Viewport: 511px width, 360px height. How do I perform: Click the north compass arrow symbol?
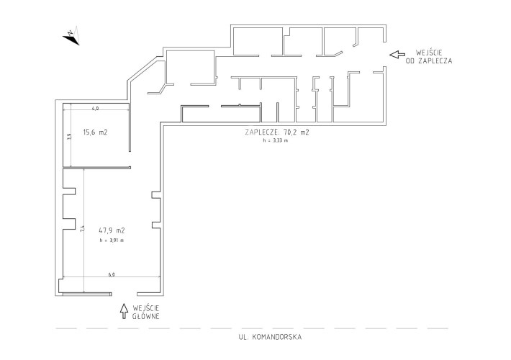[x=72, y=36]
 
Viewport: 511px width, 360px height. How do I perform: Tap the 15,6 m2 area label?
[x=96, y=132]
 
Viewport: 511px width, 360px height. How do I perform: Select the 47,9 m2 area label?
[x=112, y=230]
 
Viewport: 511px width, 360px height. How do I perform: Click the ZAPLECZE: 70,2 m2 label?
[x=277, y=132]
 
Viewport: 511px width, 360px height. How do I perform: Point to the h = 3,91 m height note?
[x=112, y=240]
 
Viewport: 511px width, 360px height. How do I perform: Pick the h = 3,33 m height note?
[x=276, y=141]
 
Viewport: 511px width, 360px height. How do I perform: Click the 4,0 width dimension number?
[x=95, y=109]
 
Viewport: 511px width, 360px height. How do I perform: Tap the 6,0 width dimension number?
[x=112, y=274]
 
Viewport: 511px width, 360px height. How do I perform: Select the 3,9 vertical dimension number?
[x=69, y=136]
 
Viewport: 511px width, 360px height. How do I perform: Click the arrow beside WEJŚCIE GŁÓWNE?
[x=124, y=311]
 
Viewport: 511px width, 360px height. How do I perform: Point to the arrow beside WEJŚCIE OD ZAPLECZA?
[x=397, y=55]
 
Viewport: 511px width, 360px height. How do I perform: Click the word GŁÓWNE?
[x=146, y=316]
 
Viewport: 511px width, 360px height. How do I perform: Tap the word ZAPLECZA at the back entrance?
[x=435, y=60]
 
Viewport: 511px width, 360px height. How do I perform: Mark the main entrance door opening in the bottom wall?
[x=125, y=294]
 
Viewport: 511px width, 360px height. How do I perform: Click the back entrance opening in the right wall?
[x=384, y=55]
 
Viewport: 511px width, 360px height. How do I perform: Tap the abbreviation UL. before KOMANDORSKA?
[x=244, y=337]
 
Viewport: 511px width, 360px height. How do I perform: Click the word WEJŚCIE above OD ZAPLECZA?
[x=429, y=52]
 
